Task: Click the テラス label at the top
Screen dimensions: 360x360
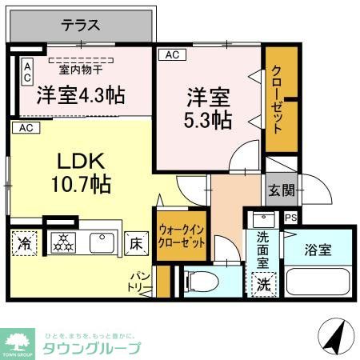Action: pyautogui.click(x=80, y=25)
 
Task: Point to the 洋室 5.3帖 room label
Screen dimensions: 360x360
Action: pyautogui.click(x=210, y=110)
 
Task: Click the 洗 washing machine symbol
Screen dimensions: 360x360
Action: pyautogui.click(x=263, y=283)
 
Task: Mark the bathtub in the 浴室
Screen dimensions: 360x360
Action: pyautogui.click(x=318, y=283)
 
